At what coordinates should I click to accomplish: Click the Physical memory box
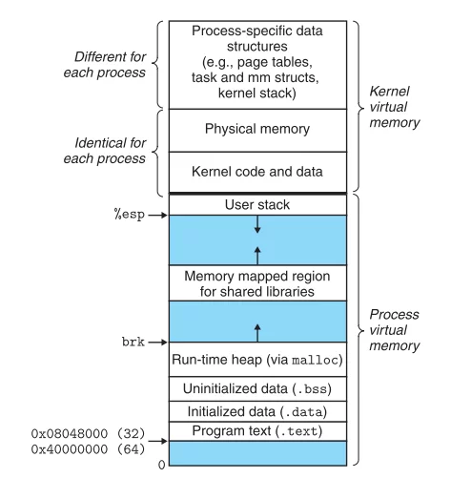tap(256, 128)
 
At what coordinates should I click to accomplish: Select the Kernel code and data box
tap(256, 172)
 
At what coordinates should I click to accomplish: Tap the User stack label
tap(256, 204)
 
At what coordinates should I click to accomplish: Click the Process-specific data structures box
tap(256, 63)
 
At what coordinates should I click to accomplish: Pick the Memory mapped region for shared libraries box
tap(256, 283)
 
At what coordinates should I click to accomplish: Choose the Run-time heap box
tap(256, 360)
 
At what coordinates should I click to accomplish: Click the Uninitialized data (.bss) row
tap(256, 388)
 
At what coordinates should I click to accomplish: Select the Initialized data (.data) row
tap(256, 411)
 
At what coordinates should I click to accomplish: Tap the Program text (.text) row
tap(256, 431)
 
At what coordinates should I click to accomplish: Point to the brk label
tap(133, 342)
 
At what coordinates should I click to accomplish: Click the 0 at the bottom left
tap(161, 465)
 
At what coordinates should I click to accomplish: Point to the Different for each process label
tap(110, 65)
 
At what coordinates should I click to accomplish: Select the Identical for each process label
tap(110, 151)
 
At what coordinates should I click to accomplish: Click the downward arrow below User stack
tap(256, 224)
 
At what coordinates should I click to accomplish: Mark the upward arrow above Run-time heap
tap(256, 331)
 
